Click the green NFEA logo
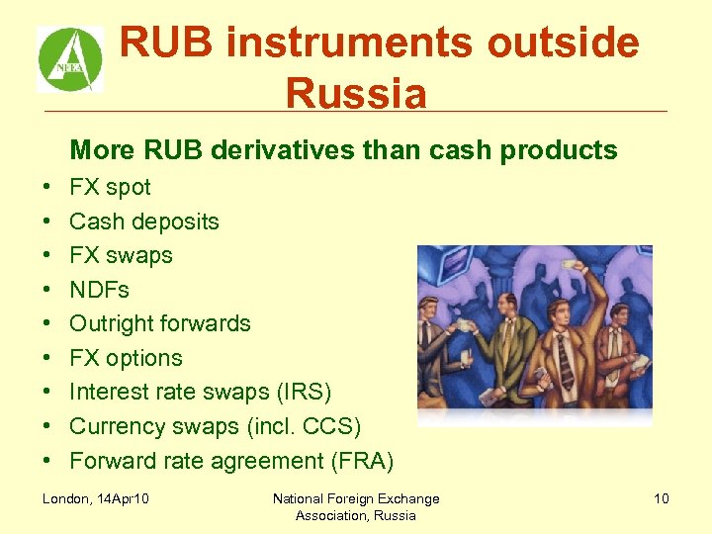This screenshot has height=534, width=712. coord(70,59)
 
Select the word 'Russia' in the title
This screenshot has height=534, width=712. coord(356,95)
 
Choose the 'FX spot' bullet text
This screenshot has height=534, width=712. coord(110,187)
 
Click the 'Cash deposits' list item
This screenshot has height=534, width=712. coord(144,222)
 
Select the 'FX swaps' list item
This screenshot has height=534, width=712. coord(121,255)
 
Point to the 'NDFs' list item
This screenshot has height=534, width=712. coord(99,290)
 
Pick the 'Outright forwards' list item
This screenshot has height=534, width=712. coord(160,323)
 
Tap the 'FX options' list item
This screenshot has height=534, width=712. coord(126,358)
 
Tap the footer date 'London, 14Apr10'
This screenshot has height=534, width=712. coord(95,498)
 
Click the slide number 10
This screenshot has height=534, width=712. coord(661,498)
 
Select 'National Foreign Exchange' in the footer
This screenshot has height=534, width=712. coord(356,498)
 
